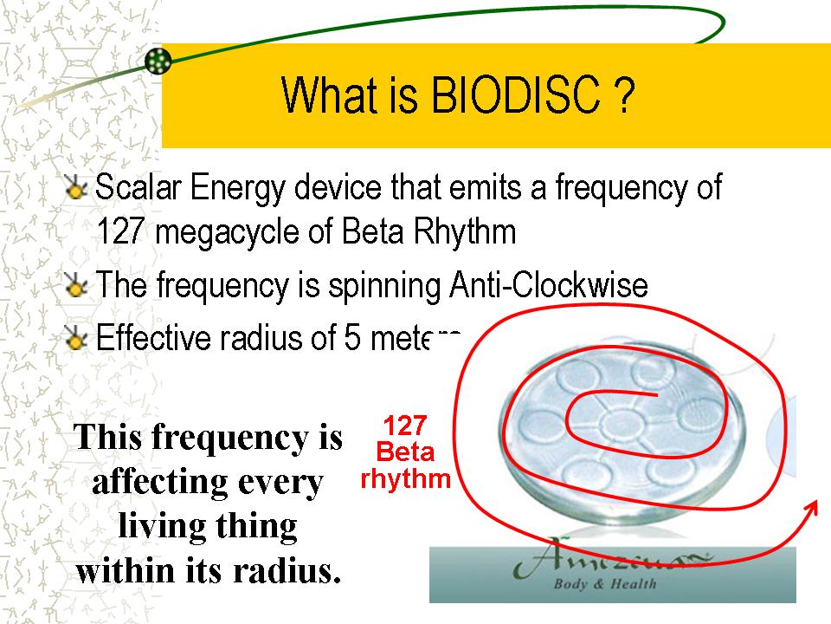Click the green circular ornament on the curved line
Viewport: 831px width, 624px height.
coord(158,61)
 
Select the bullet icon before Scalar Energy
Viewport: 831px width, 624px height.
coord(77,188)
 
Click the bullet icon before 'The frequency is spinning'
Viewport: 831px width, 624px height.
coord(77,286)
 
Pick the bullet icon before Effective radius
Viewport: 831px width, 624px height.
coord(77,338)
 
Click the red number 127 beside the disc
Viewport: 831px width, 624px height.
coord(404,426)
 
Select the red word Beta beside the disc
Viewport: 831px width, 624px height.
coord(404,452)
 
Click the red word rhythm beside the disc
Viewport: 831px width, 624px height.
coord(405,478)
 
